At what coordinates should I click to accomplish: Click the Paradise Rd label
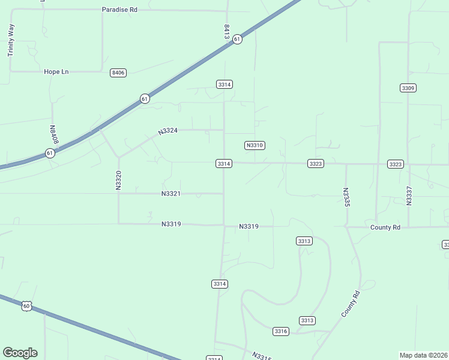tap(119, 10)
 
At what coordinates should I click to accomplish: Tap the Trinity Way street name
tap(11, 40)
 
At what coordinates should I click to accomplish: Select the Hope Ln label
tap(56, 71)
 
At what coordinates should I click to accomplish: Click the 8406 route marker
tap(118, 73)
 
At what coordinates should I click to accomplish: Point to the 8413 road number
tap(227, 32)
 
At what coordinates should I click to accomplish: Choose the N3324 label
tap(168, 131)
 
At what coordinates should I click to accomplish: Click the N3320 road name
tap(118, 181)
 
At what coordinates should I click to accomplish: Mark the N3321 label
tap(171, 194)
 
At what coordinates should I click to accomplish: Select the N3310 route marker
tap(255, 145)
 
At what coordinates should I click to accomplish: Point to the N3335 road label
tap(346, 197)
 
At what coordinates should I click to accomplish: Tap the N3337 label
tap(409, 196)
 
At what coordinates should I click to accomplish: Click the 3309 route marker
tap(408, 88)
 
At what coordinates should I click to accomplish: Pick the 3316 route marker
tap(281, 331)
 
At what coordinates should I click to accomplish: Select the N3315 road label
tap(262, 356)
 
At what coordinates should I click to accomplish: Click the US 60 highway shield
tap(26, 306)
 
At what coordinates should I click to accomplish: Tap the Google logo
tap(20, 353)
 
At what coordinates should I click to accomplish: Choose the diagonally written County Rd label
tap(351, 304)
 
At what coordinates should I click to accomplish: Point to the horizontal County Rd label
tap(385, 227)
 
